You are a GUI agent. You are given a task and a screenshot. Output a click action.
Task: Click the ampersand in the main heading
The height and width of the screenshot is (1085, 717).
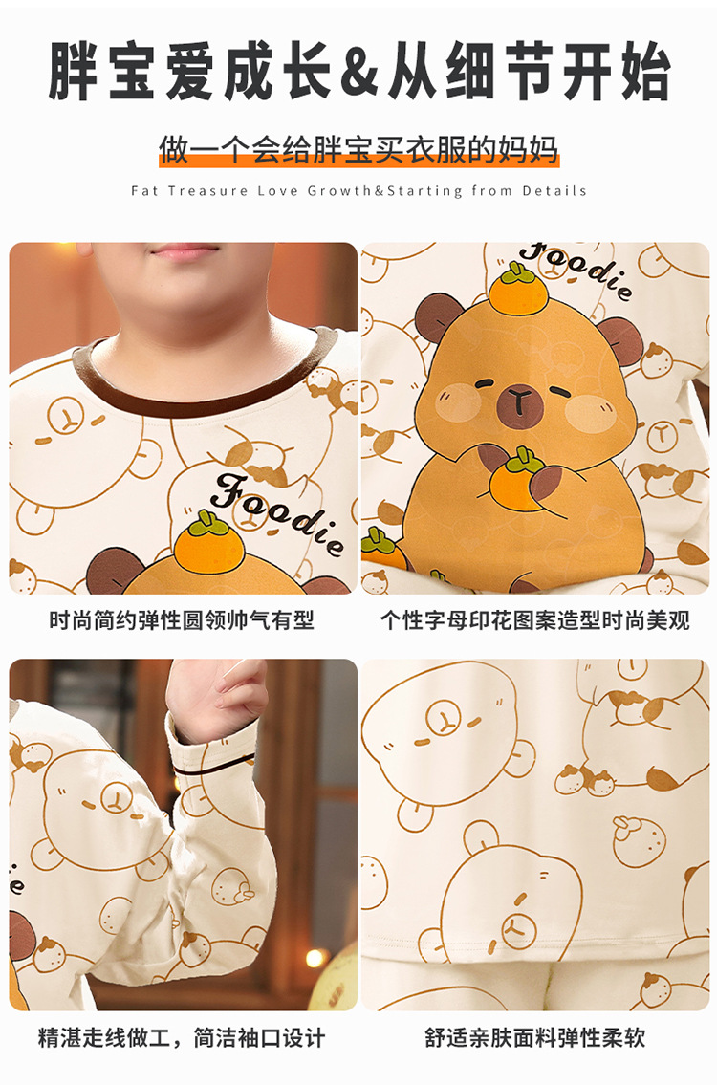[358, 72]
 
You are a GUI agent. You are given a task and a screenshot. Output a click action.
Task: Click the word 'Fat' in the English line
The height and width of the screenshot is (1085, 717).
[144, 191]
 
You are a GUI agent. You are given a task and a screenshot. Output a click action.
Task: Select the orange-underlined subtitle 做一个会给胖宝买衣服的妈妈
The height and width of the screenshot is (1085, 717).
[358, 149]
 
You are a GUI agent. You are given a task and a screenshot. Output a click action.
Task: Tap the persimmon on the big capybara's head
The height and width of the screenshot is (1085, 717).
[518, 290]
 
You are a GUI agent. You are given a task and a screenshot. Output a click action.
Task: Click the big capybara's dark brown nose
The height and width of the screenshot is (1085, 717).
[519, 399]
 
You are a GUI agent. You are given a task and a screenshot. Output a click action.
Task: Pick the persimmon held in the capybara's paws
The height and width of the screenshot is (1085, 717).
[518, 481]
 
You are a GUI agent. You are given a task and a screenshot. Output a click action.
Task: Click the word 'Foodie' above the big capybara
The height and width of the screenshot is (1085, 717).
[576, 271]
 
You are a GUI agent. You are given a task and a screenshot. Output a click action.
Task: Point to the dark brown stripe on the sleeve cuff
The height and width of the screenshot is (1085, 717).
[212, 767]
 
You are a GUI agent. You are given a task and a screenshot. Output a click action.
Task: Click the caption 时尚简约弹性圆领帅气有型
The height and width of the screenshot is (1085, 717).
[182, 620]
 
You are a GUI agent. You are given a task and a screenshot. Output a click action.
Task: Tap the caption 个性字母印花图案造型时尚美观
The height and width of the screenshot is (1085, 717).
[535, 620]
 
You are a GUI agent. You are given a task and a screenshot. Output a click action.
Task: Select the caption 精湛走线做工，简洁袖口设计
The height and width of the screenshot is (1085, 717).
[182, 1038]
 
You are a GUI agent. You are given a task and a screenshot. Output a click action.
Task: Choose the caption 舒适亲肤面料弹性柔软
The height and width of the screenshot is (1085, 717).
[535, 1038]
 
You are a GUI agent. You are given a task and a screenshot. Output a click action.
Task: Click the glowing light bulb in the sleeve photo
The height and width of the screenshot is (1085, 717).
[315, 958]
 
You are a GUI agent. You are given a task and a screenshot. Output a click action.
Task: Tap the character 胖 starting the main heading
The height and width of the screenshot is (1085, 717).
[74, 72]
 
